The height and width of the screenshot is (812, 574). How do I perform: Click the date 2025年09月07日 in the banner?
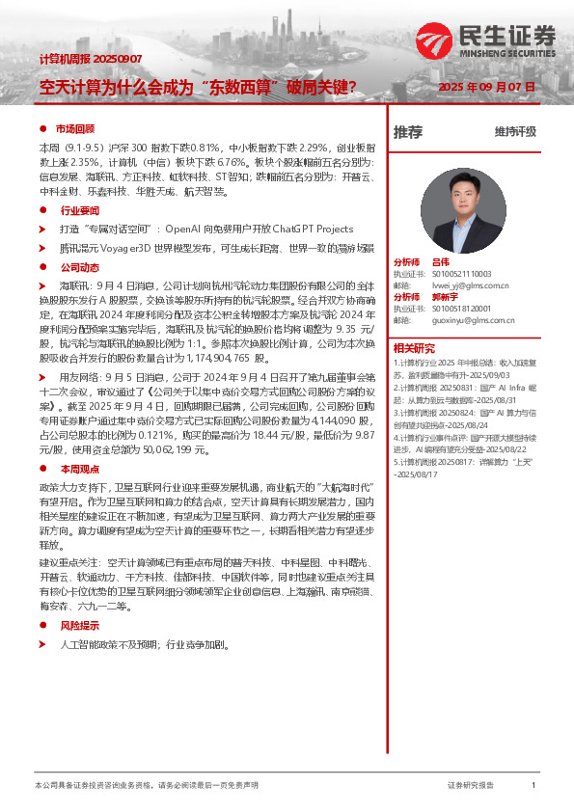tap(487, 87)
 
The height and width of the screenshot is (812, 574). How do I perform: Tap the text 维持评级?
tap(515, 132)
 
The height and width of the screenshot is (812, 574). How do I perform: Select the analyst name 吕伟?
tap(441, 262)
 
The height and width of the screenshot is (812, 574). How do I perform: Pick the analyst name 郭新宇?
tap(445, 296)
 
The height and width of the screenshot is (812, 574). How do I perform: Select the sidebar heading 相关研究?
tap(414, 347)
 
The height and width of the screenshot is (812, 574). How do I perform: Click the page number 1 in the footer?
tap(533, 786)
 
